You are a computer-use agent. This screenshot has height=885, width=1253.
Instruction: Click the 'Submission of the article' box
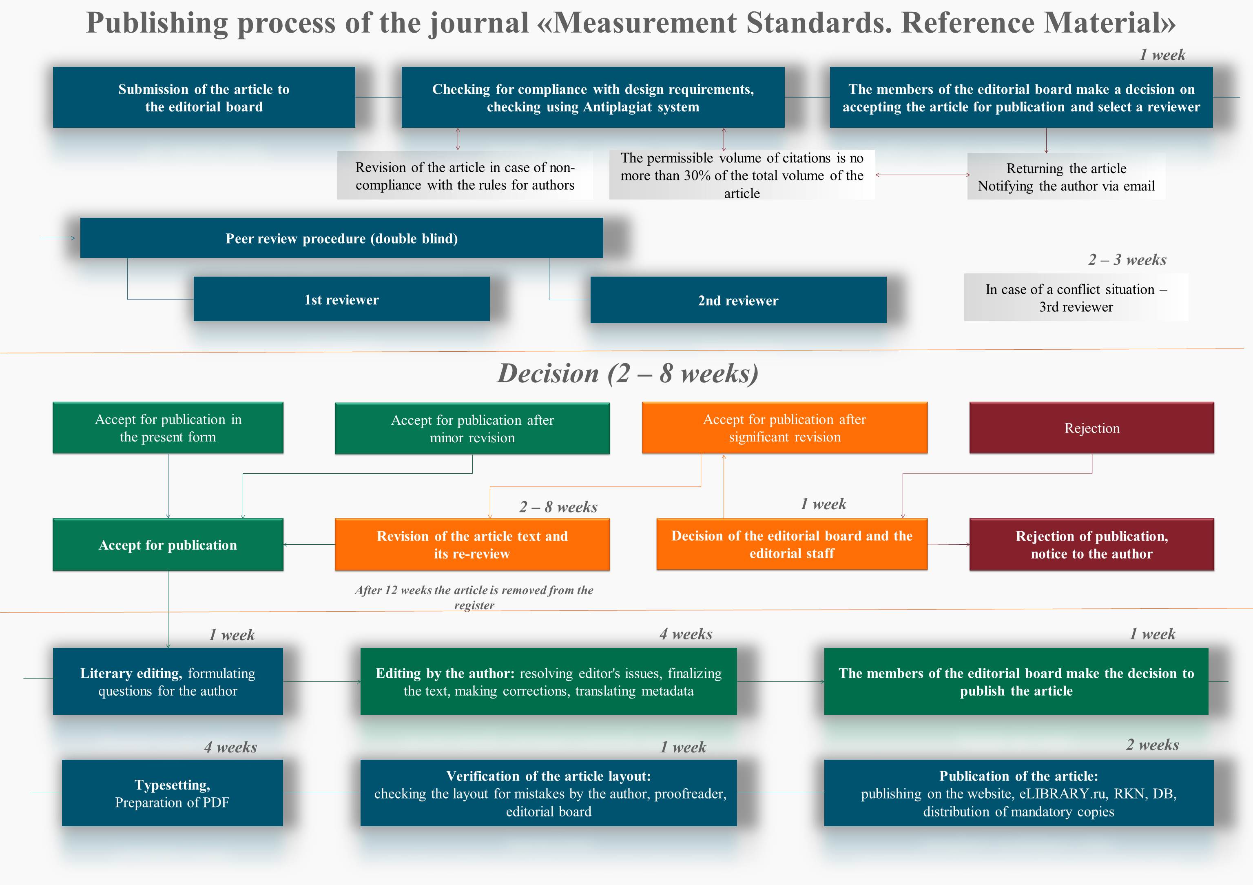point(204,98)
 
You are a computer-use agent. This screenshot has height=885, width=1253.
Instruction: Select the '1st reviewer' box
point(342,299)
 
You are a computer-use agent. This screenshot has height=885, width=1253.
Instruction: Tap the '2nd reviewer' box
point(738,300)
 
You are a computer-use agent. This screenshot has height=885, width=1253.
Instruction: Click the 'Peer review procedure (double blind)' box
point(342,238)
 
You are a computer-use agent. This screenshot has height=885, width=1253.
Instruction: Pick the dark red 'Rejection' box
point(1091,428)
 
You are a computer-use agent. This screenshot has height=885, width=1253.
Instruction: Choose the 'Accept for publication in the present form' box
point(168,428)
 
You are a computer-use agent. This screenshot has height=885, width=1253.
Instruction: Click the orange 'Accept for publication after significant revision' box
point(785,428)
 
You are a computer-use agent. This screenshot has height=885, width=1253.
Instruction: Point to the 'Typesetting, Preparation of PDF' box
point(173,793)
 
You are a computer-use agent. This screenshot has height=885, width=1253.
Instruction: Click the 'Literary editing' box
point(168,681)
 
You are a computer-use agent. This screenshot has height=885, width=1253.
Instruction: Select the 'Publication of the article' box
point(1019,793)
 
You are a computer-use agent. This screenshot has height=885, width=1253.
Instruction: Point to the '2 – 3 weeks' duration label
point(1127,260)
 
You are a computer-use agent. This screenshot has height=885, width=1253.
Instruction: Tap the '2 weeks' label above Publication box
point(1153,745)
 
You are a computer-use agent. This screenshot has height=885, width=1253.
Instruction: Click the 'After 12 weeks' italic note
point(474,597)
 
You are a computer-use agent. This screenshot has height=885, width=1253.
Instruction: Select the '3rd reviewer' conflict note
point(1076,297)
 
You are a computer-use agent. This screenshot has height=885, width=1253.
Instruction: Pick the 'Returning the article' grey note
point(1066,176)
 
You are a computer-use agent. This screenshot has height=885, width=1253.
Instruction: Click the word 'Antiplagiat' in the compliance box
point(618,107)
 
